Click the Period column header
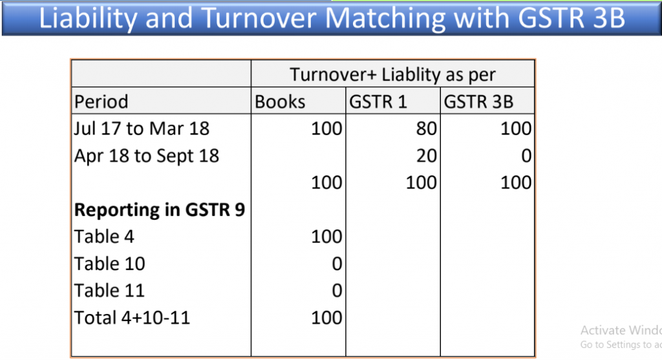click(101, 101)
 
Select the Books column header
click(280, 101)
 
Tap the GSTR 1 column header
click(378, 101)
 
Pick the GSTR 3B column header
click(478, 101)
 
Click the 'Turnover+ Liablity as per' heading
click(392, 75)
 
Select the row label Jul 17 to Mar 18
click(142, 129)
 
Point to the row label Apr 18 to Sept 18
click(147, 156)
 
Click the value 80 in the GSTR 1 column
click(427, 129)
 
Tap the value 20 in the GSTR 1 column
click(427, 156)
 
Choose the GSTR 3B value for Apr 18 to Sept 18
click(526, 156)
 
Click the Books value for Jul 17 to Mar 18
click(326, 129)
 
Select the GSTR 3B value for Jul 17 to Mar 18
click(516, 129)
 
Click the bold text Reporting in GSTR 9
click(160, 210)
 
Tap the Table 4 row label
click(104, 237)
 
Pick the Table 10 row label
click(110, 264)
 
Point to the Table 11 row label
click(109, 291)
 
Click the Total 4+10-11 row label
click(132, 318)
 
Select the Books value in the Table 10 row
click(337, 264)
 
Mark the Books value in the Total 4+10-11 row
click(326, 318)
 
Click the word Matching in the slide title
click(385, 19)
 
